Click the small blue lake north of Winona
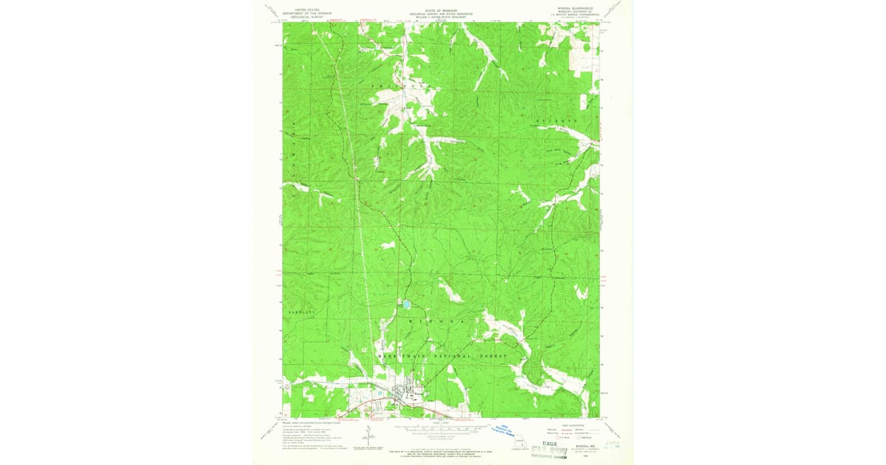click(x=405, y=303)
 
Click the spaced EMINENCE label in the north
click(x=399, y=87)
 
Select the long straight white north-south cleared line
click(x=360, y=221)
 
